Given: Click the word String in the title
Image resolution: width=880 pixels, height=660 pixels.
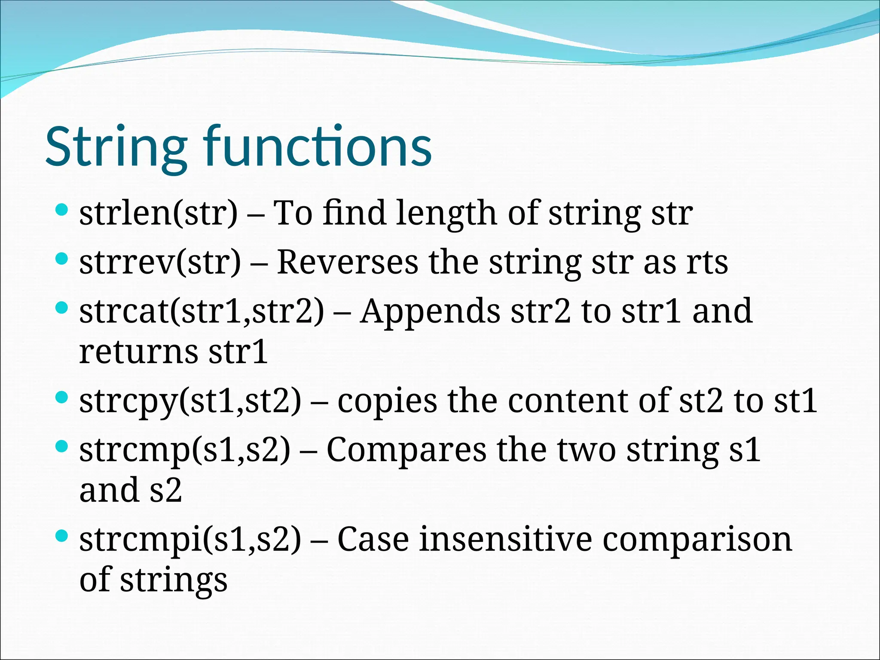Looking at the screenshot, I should coord(116,147).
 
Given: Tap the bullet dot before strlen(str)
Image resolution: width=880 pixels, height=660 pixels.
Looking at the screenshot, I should coord(62,210).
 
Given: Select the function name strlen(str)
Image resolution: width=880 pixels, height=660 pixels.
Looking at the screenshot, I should coord(158,213).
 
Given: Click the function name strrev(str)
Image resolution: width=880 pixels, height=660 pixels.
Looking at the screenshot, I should coord(160,262).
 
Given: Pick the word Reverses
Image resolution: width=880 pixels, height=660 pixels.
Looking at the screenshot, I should coord(347,262).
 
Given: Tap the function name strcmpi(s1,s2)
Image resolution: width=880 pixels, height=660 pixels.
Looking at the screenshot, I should coord(190,540).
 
